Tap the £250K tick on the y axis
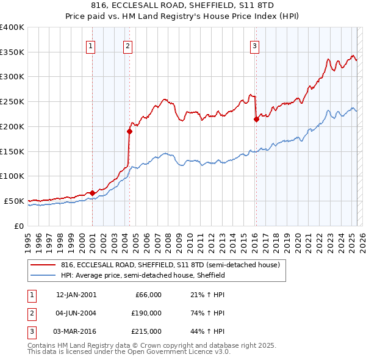[x=12, y=102]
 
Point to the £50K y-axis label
[x=14, y=201]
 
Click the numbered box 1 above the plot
[x=91, y=45]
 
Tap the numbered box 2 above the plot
[x=127, y=45]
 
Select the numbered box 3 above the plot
[x=254, y=45]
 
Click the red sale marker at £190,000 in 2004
[x=129, y=131]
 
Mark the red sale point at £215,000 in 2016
[x=256, y=119]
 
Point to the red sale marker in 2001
[x=92, y=193]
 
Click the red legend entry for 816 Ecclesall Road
[x=170, y=265]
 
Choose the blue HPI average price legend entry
[x=143, y=276]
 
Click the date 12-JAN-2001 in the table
[x=76, y=295]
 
